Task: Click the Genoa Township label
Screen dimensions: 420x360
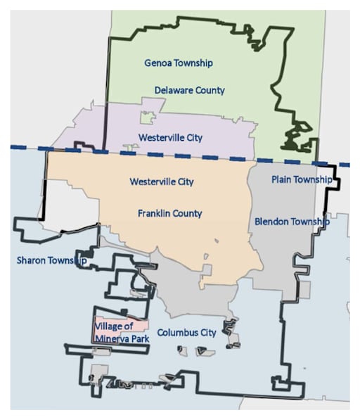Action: tap(179, 63)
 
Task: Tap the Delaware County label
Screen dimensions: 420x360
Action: tap(190, 90)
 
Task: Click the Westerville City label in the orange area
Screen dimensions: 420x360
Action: tap(162, 182)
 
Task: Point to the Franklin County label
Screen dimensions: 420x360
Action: tap(169, 213)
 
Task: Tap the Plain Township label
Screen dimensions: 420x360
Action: tap(301, 179)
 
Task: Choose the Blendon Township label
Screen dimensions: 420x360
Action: tap(291, 222)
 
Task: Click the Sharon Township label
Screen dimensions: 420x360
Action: tap(51, 260)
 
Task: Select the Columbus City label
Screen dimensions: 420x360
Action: tap(186, 332)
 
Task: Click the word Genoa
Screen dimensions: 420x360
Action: tap(157, 63)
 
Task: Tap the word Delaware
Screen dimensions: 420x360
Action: tap(173, 90)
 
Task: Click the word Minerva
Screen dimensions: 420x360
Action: tap(113, 337)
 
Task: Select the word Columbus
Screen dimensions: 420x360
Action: tap(177, 332)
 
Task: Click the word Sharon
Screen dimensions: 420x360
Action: tap(31, 260)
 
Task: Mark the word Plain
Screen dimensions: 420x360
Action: tap(281, 179)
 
